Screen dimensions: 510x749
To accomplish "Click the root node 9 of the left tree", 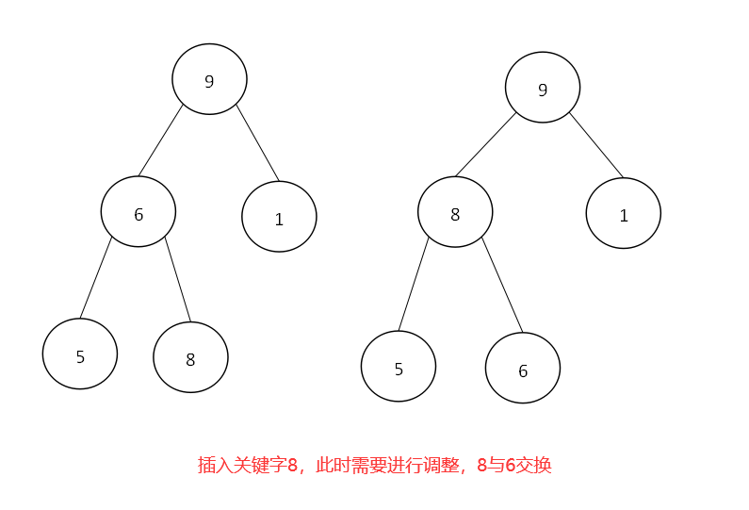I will [x=209, y=79].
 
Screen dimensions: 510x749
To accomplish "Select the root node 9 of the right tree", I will [x=542, y=88].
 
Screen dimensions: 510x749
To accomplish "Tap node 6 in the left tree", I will [x=138, y=212].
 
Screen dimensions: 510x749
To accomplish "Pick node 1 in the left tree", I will [x=279, y=217].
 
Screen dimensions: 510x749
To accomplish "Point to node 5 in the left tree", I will [x=80, y=354].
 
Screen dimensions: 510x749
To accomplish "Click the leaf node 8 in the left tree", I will [x=190, y=357].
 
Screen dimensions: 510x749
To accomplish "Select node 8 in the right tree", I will [x=455, y=212].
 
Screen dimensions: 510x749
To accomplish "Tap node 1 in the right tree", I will [x=623, y=214].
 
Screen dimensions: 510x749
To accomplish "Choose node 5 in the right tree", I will [x=399, y=367].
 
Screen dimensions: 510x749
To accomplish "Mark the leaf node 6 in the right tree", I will [x=523, y=369].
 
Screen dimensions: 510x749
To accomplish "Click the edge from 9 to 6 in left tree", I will [x=160, y=141].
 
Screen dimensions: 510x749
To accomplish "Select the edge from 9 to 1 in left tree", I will [x=257, y=142].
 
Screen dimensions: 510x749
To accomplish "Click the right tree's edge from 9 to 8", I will [x=485, y=144].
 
